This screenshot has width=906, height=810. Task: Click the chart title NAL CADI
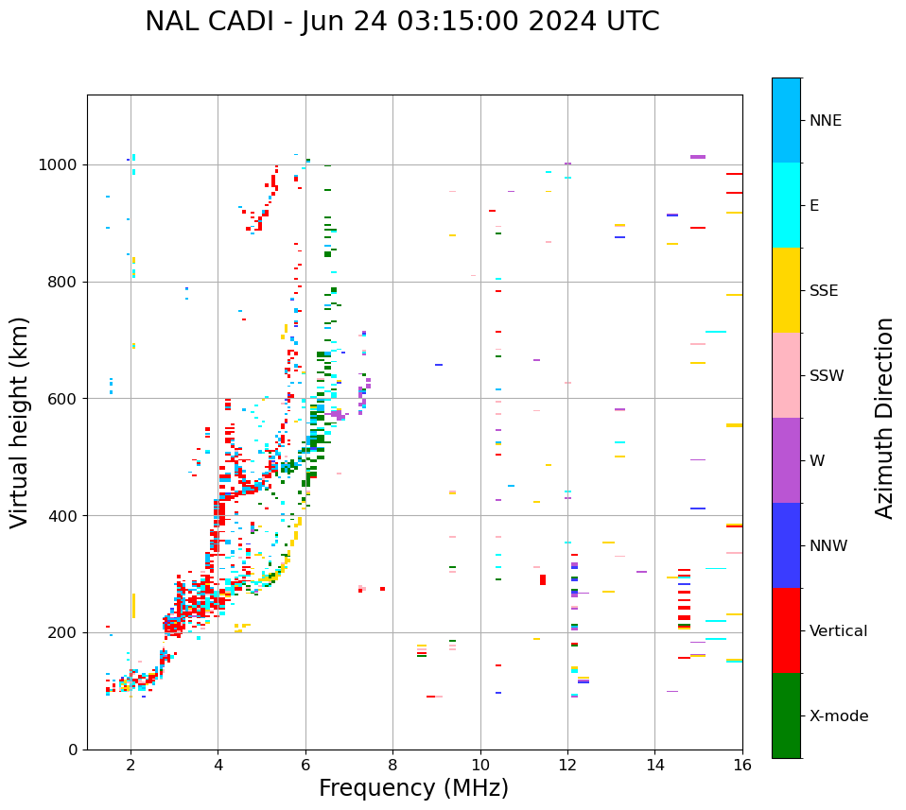coord(402,22)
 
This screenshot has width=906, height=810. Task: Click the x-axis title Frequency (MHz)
coord(413,788)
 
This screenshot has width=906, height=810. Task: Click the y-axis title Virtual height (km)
coord(20,422)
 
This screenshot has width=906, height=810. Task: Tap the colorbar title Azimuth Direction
coord(884,418)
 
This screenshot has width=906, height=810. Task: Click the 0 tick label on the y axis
coord(73,750)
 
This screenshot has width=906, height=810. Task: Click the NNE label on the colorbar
coord(825,121)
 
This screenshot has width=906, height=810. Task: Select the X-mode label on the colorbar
coord(838,716)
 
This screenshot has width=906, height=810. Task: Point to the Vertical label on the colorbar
coord(838,631)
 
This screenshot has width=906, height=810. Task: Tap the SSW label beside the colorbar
coord(826,376)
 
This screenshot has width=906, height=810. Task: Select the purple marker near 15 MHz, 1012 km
coord(697,157)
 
